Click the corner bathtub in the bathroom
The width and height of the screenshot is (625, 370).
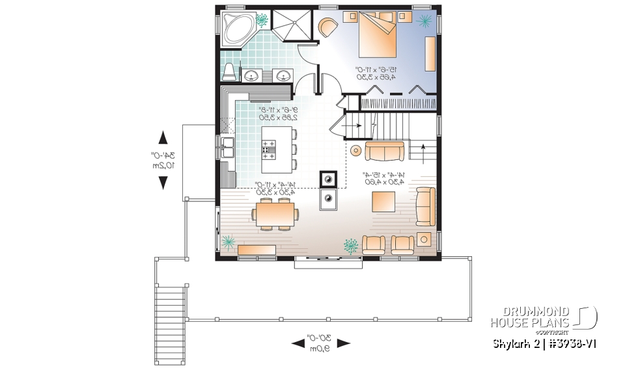pos(235,29)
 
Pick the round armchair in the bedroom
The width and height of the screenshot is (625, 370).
pos(329,27)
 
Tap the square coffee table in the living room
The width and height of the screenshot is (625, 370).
pos(383,201)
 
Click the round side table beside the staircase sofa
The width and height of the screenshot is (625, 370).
pos(355,151)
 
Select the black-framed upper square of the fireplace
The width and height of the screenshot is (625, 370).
pos(327,178)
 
